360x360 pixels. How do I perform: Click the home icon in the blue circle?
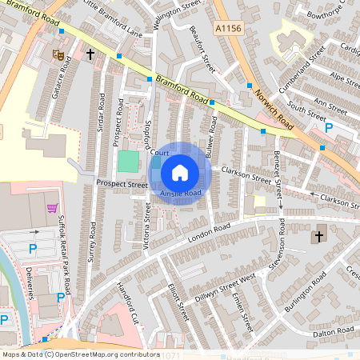(180, 172)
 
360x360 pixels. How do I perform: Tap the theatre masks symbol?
(58, 54)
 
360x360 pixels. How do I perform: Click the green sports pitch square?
(128, 160)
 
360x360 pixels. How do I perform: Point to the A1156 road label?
(229, 28)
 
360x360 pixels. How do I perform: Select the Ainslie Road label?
(180, 194)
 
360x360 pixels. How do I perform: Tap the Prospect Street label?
(122, 183)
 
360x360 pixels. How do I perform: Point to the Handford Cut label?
(126, 300)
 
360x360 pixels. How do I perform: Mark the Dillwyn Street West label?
(226, 286)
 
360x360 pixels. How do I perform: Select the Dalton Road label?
(334, 330)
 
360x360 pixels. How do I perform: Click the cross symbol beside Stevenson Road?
(318, 236)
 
